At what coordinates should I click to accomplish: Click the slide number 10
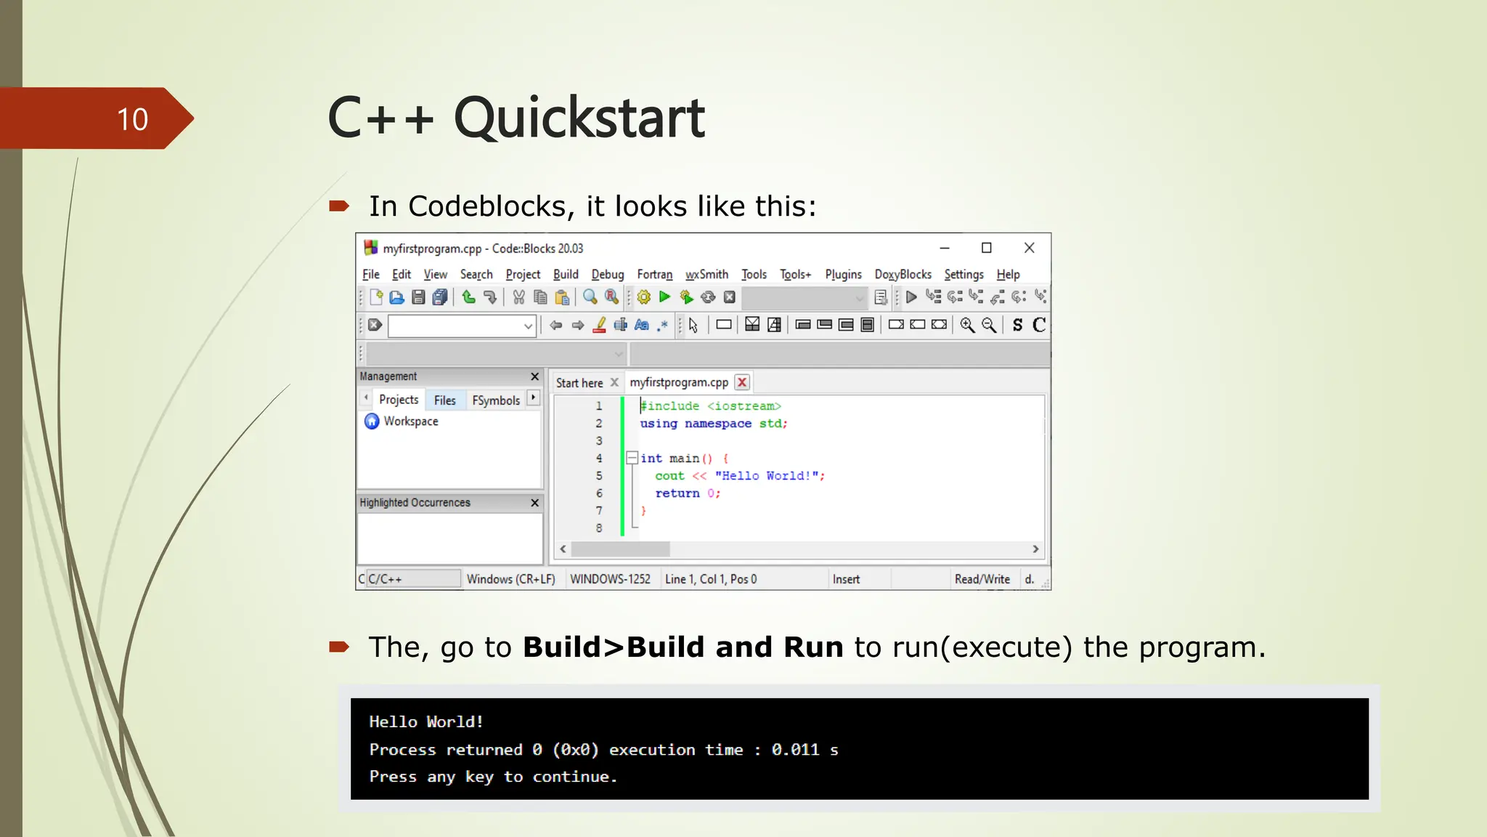[132, 119]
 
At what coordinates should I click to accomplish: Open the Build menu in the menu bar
[565, 274]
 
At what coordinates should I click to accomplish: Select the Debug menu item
[607, 274]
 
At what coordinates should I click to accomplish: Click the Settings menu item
[963, 274]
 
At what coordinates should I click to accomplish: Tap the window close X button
[1029, 248]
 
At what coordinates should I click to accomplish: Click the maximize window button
[986, 248]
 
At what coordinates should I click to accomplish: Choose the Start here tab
[579, 383]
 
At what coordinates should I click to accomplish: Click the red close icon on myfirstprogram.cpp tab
[741, 382]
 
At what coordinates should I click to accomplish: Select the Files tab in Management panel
[444, 400]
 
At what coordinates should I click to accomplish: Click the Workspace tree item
[410, 421]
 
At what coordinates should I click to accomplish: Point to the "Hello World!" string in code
[767, 476]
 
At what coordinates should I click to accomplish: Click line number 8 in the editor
[599, 528]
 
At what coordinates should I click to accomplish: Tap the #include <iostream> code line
[710, 406]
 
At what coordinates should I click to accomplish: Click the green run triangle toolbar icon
[664, 296]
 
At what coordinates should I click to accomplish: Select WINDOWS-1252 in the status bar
[610, 579]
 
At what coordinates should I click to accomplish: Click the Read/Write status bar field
[982, 579]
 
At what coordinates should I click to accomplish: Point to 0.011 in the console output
[795, 750]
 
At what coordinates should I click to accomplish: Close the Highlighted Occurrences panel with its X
[534, 503]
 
